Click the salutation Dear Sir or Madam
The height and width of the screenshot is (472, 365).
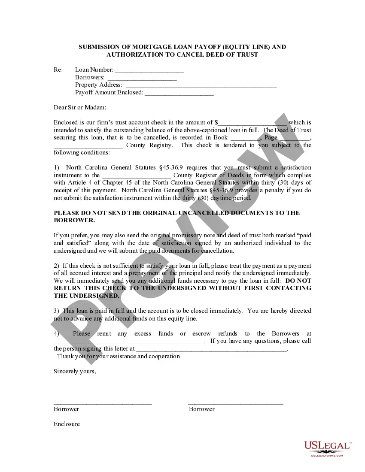pyautogui.click(x=80, y=107)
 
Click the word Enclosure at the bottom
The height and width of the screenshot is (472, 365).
pyautogui.click(x=67, y=424)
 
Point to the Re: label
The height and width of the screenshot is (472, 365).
pyautogui.click(x=58, y=70)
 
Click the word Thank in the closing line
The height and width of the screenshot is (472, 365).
pyautogui.click(x=65, y=356)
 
